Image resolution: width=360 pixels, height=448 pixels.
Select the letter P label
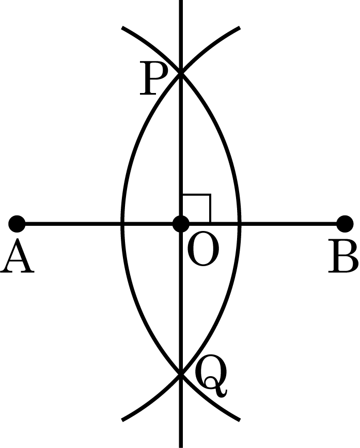coord(153,79)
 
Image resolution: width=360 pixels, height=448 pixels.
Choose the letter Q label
coord(211,376)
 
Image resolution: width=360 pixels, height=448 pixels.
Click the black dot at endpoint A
coord(17,224)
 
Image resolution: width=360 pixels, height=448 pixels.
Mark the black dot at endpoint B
coord(345,224)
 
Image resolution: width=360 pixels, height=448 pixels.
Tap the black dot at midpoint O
coord(181,224)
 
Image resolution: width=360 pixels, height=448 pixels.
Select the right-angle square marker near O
coord(197,209)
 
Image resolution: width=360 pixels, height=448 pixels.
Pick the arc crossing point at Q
coord(181,374)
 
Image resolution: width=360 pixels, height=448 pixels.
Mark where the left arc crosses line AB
coord(122,224)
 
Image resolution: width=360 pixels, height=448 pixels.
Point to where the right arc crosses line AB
coord(240,224)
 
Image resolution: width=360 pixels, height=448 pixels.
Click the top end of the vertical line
coord(181,1)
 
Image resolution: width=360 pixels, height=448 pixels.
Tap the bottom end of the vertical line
coord(181,446)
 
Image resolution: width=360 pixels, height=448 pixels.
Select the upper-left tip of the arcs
coord(122,28)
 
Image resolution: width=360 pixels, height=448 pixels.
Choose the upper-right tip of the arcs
coord(240,28)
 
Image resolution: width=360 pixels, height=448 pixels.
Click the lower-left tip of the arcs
coord(122,420)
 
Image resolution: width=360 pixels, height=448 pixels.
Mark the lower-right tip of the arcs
coord(240,420)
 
